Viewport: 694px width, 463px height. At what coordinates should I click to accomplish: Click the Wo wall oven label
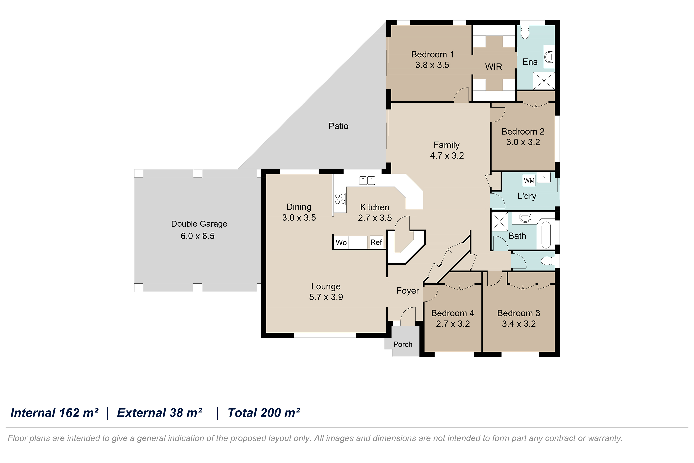point(341,243)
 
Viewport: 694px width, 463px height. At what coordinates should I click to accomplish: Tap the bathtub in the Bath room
point(546,235)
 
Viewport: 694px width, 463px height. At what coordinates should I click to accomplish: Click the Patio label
point(338,126)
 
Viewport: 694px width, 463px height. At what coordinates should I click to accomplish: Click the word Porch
point(403,344)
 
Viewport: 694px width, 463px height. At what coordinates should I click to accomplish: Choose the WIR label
point(494,67)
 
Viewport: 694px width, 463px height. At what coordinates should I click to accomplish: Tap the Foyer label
point(408,291)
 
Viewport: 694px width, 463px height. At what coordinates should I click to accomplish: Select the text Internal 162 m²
point(54,413)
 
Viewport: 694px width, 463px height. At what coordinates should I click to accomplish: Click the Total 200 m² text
point(264,413)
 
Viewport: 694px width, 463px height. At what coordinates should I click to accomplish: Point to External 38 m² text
point(160,413)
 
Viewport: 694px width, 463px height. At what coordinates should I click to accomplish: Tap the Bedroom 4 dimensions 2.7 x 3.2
point(453,324)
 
